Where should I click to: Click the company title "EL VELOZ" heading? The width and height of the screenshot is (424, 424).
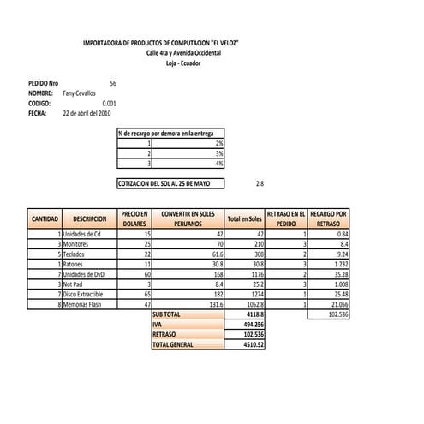point(161,42)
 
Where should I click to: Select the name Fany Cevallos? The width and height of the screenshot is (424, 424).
point(80,93)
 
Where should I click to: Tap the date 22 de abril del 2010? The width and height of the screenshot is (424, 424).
point(87,113)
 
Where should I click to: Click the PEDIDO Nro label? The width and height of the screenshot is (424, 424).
point(44,82)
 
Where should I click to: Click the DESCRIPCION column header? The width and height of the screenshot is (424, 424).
point(89,219)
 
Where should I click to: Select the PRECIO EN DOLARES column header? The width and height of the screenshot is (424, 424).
point(134,218)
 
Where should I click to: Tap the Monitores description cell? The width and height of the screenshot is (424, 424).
point(82,244)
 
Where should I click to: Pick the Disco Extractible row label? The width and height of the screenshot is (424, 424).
point(88,294)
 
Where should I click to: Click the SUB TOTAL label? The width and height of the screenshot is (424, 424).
point(167,314)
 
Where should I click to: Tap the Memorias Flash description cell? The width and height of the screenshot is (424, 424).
point(84,304)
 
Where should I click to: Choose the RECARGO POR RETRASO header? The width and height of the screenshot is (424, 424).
point(329,218)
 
